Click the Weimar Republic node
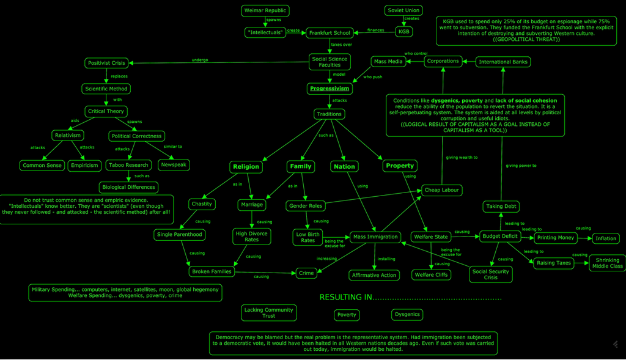[x=265, y=11]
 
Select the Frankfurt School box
[x=330, y=33]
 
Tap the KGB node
[x=403, y=32]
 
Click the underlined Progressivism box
[x=330, y=88]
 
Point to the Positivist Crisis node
[x=106, y=63]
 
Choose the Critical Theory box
[x=106, y=111]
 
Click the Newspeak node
[x=174, y=165]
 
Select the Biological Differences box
[x=128, y=187]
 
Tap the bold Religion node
[x=246, y=167]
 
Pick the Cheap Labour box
[x=441, y=190]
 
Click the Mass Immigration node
[x=375, y=237]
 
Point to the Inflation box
[x=606, y=238]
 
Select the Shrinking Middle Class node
[x=607, y=263]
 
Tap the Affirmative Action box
[x=374, y=276]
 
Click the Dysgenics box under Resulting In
[x=407, y=315]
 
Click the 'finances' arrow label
[x=376, y=30]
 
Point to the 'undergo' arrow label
[x=200, y=60]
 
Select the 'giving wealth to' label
[x=462, y=158]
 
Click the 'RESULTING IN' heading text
[x=346, y=297]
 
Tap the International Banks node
[x=503, y=62]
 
